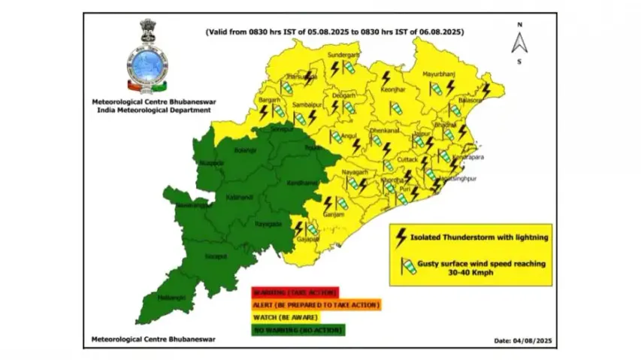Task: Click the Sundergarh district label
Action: (x=344, y=56)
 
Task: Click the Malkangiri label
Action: (x=170, y=298)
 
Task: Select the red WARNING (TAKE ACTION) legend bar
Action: (x=295, y=292)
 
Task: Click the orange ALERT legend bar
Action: (x=316, y=305)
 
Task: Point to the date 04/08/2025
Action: (x=523, y=340)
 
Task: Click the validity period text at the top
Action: (x=335, y=32)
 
